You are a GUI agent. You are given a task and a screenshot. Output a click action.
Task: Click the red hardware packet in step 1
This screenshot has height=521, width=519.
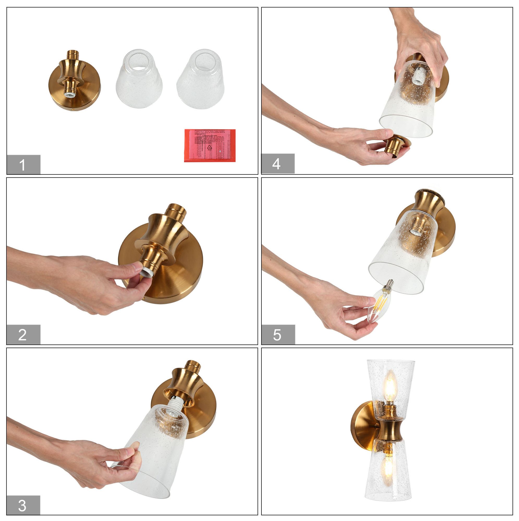click(210, 145)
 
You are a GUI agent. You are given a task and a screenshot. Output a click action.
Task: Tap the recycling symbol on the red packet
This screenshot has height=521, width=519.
click(209, 147)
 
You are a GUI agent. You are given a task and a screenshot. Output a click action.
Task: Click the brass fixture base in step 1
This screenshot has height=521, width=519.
click(74, 81)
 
